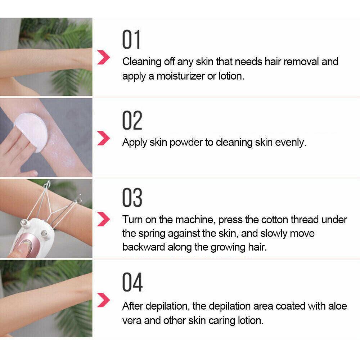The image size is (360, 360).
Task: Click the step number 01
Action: (x=131, y=40)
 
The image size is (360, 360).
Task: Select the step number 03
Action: (x=132, y=198)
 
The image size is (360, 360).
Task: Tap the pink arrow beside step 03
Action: (x=103, y=219)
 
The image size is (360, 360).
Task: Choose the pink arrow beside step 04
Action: (x=103, y=298)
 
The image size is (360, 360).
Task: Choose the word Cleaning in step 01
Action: (x=141, y=62)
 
